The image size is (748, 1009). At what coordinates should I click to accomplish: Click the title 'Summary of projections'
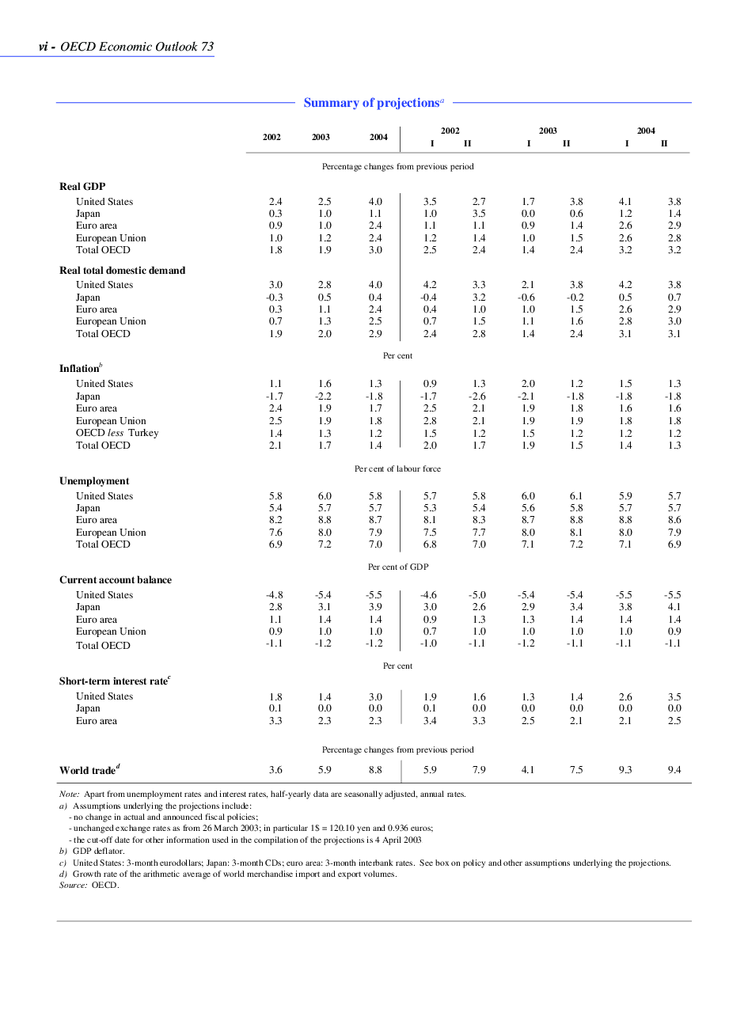[x=371, y=103]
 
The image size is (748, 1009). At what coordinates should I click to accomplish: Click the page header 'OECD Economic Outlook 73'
[x=137, y=47]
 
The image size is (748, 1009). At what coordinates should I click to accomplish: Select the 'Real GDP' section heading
[x=82, y=187]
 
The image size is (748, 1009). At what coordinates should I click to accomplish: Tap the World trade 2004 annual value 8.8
[x=375, y=769]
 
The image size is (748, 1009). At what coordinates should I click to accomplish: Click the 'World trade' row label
[x=87, y=770]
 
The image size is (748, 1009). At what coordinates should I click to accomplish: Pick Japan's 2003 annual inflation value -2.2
[x=323, y=396]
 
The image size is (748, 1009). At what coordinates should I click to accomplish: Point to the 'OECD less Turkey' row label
[x=117, y=433]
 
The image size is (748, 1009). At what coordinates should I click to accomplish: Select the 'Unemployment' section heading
[x=94, y=481]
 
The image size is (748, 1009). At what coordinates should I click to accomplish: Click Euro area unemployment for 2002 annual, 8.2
[x=275, y=520]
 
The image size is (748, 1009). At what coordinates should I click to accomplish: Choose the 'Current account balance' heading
[x=116, y=580]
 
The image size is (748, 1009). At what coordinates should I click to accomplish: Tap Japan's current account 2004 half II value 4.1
[x=674, y=607]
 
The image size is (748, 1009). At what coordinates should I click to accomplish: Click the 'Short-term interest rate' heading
[x=113, y=681]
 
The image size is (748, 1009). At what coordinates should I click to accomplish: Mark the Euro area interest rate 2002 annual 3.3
[x=275, y=721]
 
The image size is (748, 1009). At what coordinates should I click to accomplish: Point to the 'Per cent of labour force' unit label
[x=397, y=468]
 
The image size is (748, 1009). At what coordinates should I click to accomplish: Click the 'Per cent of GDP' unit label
[x=397, y=567]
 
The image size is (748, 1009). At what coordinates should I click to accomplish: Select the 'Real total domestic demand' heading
[x=122, y=271]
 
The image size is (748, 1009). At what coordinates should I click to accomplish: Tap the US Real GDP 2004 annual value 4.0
[x=375, y=202]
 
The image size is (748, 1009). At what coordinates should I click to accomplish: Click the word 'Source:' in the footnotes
[x=74, y=885]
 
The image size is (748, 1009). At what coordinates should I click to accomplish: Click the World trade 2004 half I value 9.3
[x=625, y=769]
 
